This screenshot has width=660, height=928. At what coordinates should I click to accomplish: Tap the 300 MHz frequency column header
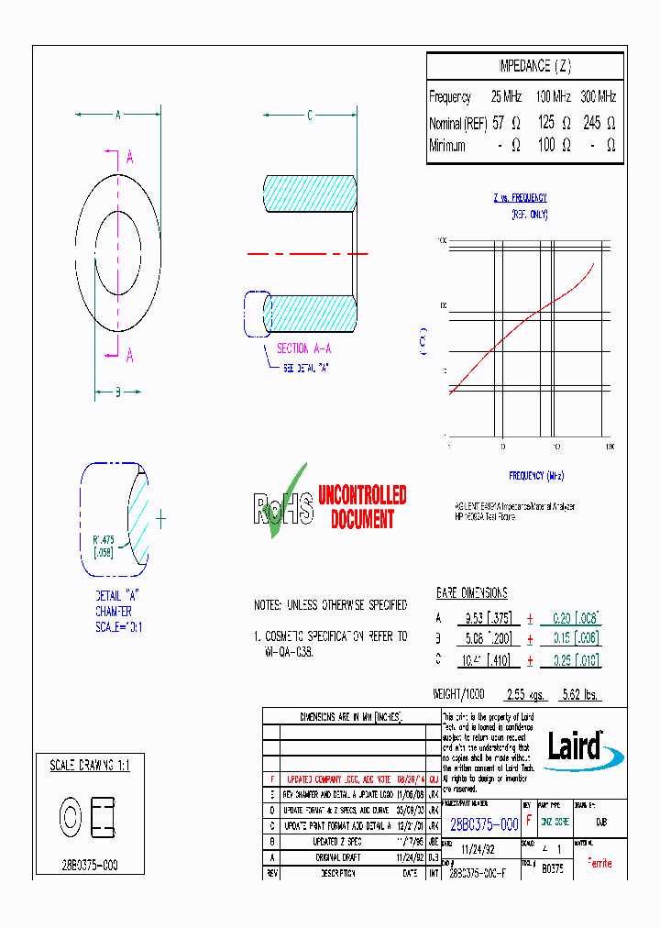(x=599, y=96)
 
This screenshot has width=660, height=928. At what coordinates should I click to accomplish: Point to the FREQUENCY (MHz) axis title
(x=536, y=475)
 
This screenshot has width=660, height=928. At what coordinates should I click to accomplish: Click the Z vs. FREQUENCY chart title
(x=520, y=197)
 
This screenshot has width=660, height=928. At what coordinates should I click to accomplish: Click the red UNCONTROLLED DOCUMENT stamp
(x=362, y=507)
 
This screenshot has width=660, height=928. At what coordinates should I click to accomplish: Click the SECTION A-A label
(x=303, y=348)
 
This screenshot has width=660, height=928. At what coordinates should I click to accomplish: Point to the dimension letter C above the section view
(x=309, y=116)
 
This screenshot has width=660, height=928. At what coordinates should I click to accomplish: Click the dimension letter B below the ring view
(x=117, y=393)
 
